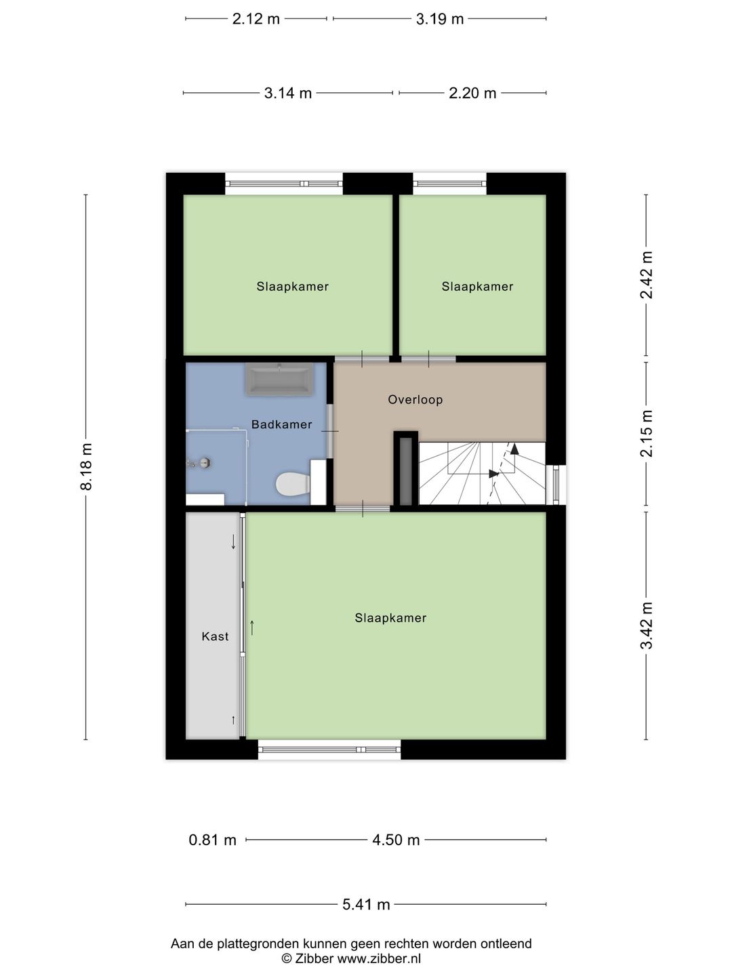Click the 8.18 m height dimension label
(86, 466)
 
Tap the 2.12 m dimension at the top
(256, 19)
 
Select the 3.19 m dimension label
(440, 19)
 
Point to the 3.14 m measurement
(287, 94)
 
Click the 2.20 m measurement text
(472, 94)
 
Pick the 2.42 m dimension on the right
(647, 274)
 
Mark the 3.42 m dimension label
(647, 625)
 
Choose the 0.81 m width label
(212, 840)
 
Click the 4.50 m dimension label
(396, 840)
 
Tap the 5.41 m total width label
(366, 904)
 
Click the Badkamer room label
(281, 425)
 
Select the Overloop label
(415, 400)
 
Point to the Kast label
(215, 636)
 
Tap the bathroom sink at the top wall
(279, 380)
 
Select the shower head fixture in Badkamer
(203, 464)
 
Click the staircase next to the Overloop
(481, 473)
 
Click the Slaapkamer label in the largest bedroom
(390, 618)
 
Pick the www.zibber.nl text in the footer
(379, 958)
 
